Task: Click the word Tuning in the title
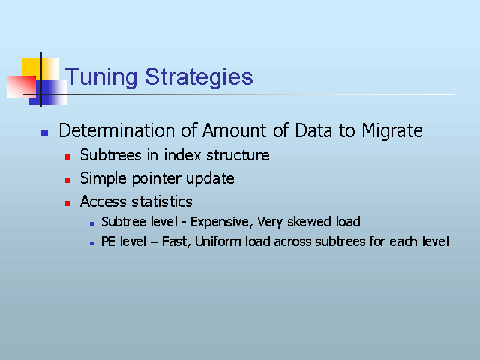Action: [x=101, y=77]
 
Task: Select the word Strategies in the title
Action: [x=199, y=77]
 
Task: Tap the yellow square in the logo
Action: [x=40, y=69]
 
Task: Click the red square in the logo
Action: [x=22, y=87]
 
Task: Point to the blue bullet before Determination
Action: [x=45, y=133]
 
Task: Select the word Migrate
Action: [x=392, y=131]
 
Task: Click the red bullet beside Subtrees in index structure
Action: [x=68, y=157]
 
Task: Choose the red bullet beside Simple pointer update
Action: [x=68, y=180]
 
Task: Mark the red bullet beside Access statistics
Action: [x=68, y=203]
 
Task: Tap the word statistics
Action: [x=162, y=202]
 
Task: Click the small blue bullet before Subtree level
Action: [x=91, y=224]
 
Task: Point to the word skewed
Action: [x=309, y=222]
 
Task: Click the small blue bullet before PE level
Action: [x=91, y=244]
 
